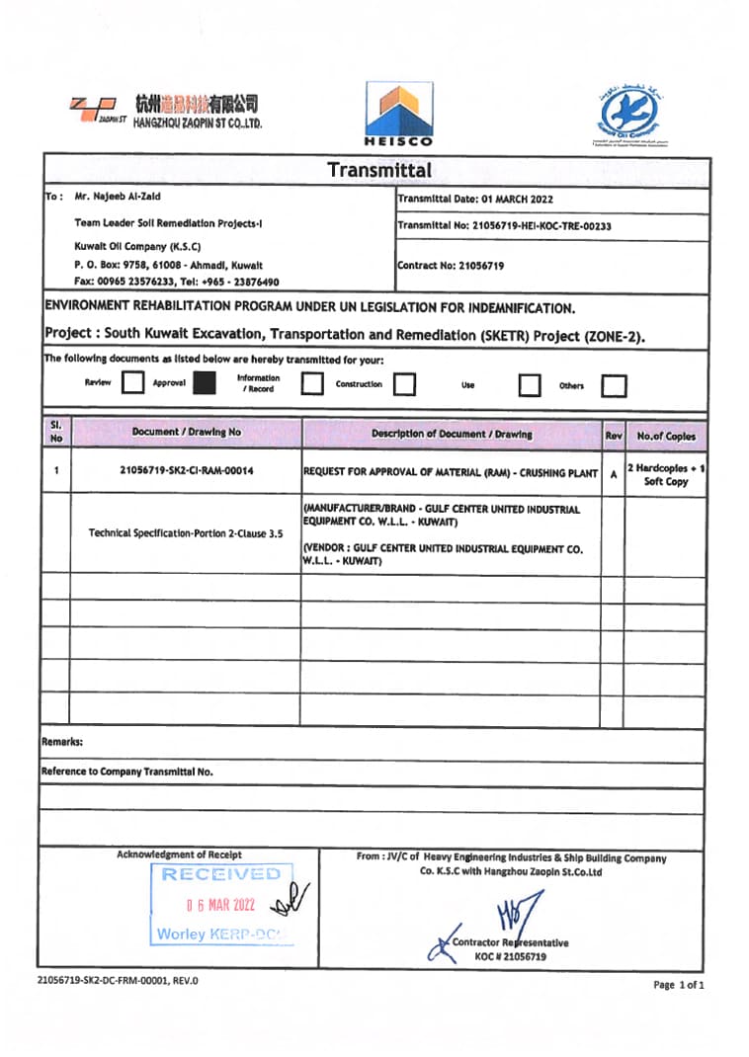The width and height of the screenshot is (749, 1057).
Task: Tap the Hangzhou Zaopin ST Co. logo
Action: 165,112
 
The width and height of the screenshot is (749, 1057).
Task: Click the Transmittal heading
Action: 379,170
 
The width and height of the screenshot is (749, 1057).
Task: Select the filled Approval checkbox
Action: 205,383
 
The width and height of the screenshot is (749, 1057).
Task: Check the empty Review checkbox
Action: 132,383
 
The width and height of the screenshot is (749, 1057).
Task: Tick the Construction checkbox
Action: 403,384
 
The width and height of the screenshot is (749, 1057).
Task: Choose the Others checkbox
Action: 614,385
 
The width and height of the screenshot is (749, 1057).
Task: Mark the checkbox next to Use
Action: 530,384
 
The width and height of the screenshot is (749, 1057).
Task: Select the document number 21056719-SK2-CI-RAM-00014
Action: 186,471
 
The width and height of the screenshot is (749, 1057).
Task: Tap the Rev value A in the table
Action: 614,473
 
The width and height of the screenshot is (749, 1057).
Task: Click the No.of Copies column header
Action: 666,436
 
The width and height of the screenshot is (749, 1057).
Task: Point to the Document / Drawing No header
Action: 186,432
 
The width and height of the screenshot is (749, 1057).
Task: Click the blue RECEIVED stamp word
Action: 221,874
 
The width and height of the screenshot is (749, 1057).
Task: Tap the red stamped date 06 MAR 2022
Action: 220,904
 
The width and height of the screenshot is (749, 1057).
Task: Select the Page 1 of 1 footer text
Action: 680,985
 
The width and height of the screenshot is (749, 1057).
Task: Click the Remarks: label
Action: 62,741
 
